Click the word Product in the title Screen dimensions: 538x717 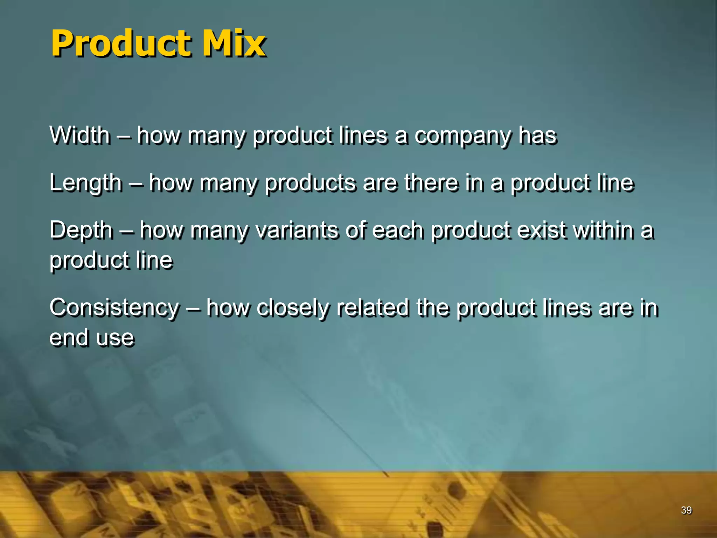click(121, 43)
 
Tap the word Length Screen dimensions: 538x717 click(86, 183)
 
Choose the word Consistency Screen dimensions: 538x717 click(114, 308)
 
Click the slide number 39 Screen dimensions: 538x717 click(686, 510)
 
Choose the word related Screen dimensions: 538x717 click(373, 308)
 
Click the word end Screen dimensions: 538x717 click(69, 338)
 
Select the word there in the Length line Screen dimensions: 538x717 click(431, 183)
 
